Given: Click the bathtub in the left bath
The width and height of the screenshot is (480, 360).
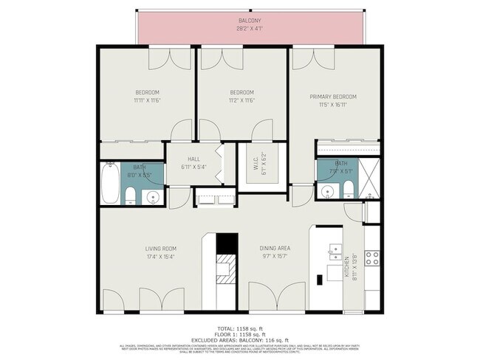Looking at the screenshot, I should [x=109, y=184].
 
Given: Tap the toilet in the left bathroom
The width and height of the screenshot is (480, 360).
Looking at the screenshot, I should [x=129, y=195].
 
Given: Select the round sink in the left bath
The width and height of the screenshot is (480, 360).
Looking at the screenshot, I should [x=153, y=196].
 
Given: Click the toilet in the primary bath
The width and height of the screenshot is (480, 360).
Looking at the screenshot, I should [x=328, y=193].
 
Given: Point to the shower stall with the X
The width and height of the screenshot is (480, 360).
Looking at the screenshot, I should [x=371, y=179].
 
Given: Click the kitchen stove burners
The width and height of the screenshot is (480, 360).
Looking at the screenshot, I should [x=373, y=258].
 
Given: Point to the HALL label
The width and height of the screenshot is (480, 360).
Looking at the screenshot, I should [x=193, y=159].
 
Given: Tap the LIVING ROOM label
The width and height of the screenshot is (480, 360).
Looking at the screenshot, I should [x=160, y=249].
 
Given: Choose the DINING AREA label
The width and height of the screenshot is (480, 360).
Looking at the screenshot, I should [x=273, y=249].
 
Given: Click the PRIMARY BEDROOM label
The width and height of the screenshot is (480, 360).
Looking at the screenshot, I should [x=332, y=97].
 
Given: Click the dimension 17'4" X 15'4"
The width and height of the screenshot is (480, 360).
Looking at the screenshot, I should [x=160, y=257].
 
